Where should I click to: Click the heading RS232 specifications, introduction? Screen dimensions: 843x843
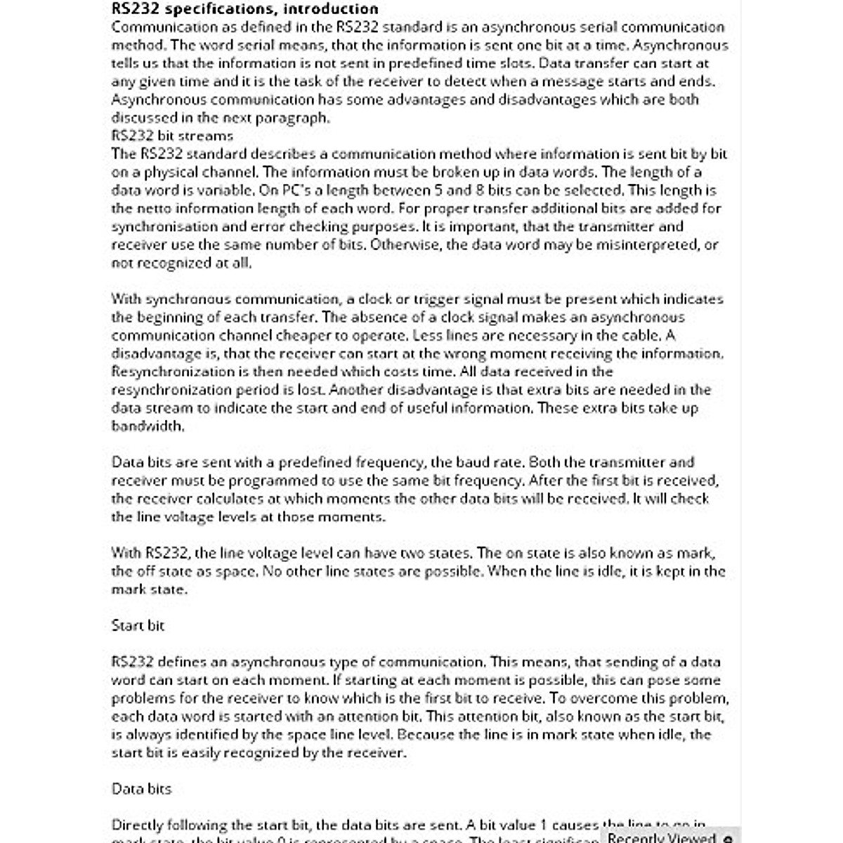click(x=244, y=9)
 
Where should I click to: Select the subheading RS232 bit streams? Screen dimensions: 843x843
click(x=172, y=136)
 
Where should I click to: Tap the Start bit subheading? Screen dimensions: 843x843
click(x=138, y=625)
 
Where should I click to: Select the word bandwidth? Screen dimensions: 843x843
click(x=148, y=426)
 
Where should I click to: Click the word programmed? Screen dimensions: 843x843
click(x=281, y=481)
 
